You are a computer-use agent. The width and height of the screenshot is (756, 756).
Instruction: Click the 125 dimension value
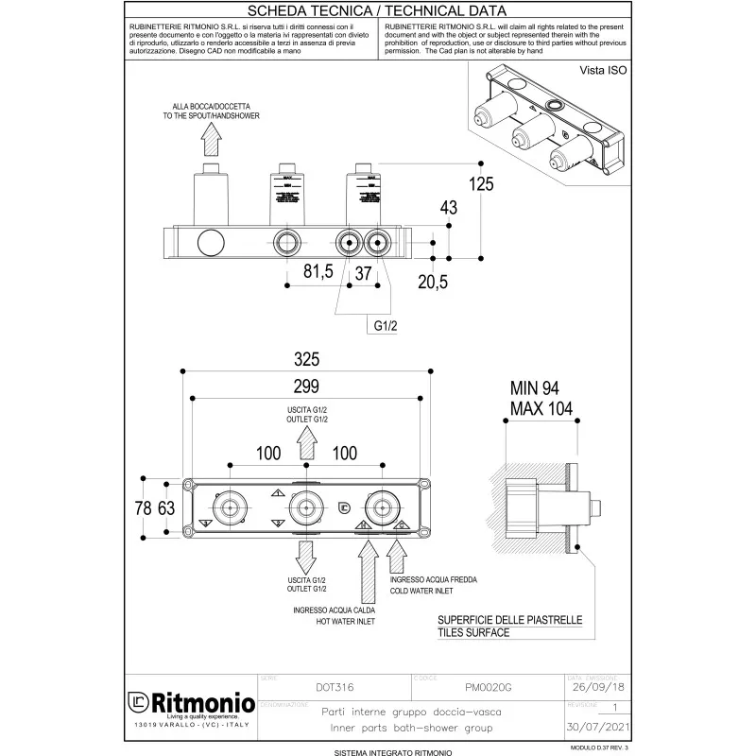[481, 183]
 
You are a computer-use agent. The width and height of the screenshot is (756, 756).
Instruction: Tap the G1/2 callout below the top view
[383, 325]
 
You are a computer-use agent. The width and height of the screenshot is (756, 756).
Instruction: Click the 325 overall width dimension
[307, 358]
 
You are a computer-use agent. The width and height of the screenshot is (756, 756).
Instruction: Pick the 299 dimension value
[306, 386]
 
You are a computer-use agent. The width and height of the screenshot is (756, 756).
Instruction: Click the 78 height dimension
[144, 507]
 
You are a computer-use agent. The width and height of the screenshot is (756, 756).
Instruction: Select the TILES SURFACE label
[472, 632]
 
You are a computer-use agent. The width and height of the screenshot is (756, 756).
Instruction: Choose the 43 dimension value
[449, 207]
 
